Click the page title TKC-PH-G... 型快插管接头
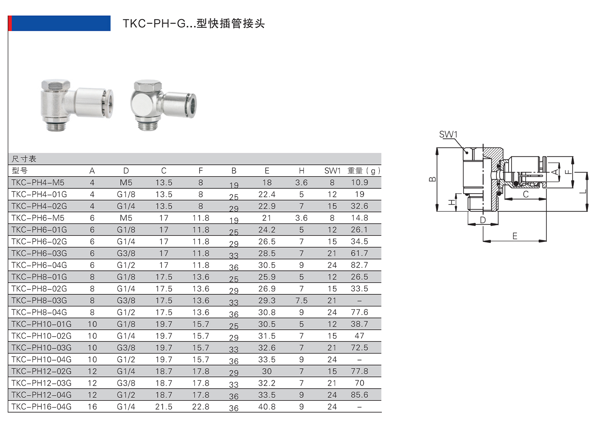pos(194,24)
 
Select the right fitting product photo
pos(164,104)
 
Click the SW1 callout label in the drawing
pos(448,134)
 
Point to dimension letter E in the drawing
pos(515,236)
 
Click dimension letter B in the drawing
pos(433,179)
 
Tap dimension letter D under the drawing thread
pos(483,220)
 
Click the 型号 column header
pos(20,171)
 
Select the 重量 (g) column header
pos(364,171)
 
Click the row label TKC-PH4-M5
pos(38,183)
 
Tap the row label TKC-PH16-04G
pos(41,407)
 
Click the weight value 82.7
pos(359,265)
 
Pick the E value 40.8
pos(267,407)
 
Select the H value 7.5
pos(301,300)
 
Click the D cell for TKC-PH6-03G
pos(126,253)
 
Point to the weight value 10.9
pos(359,183)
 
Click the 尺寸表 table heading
pos(24,159)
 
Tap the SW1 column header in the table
pos(332,171)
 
